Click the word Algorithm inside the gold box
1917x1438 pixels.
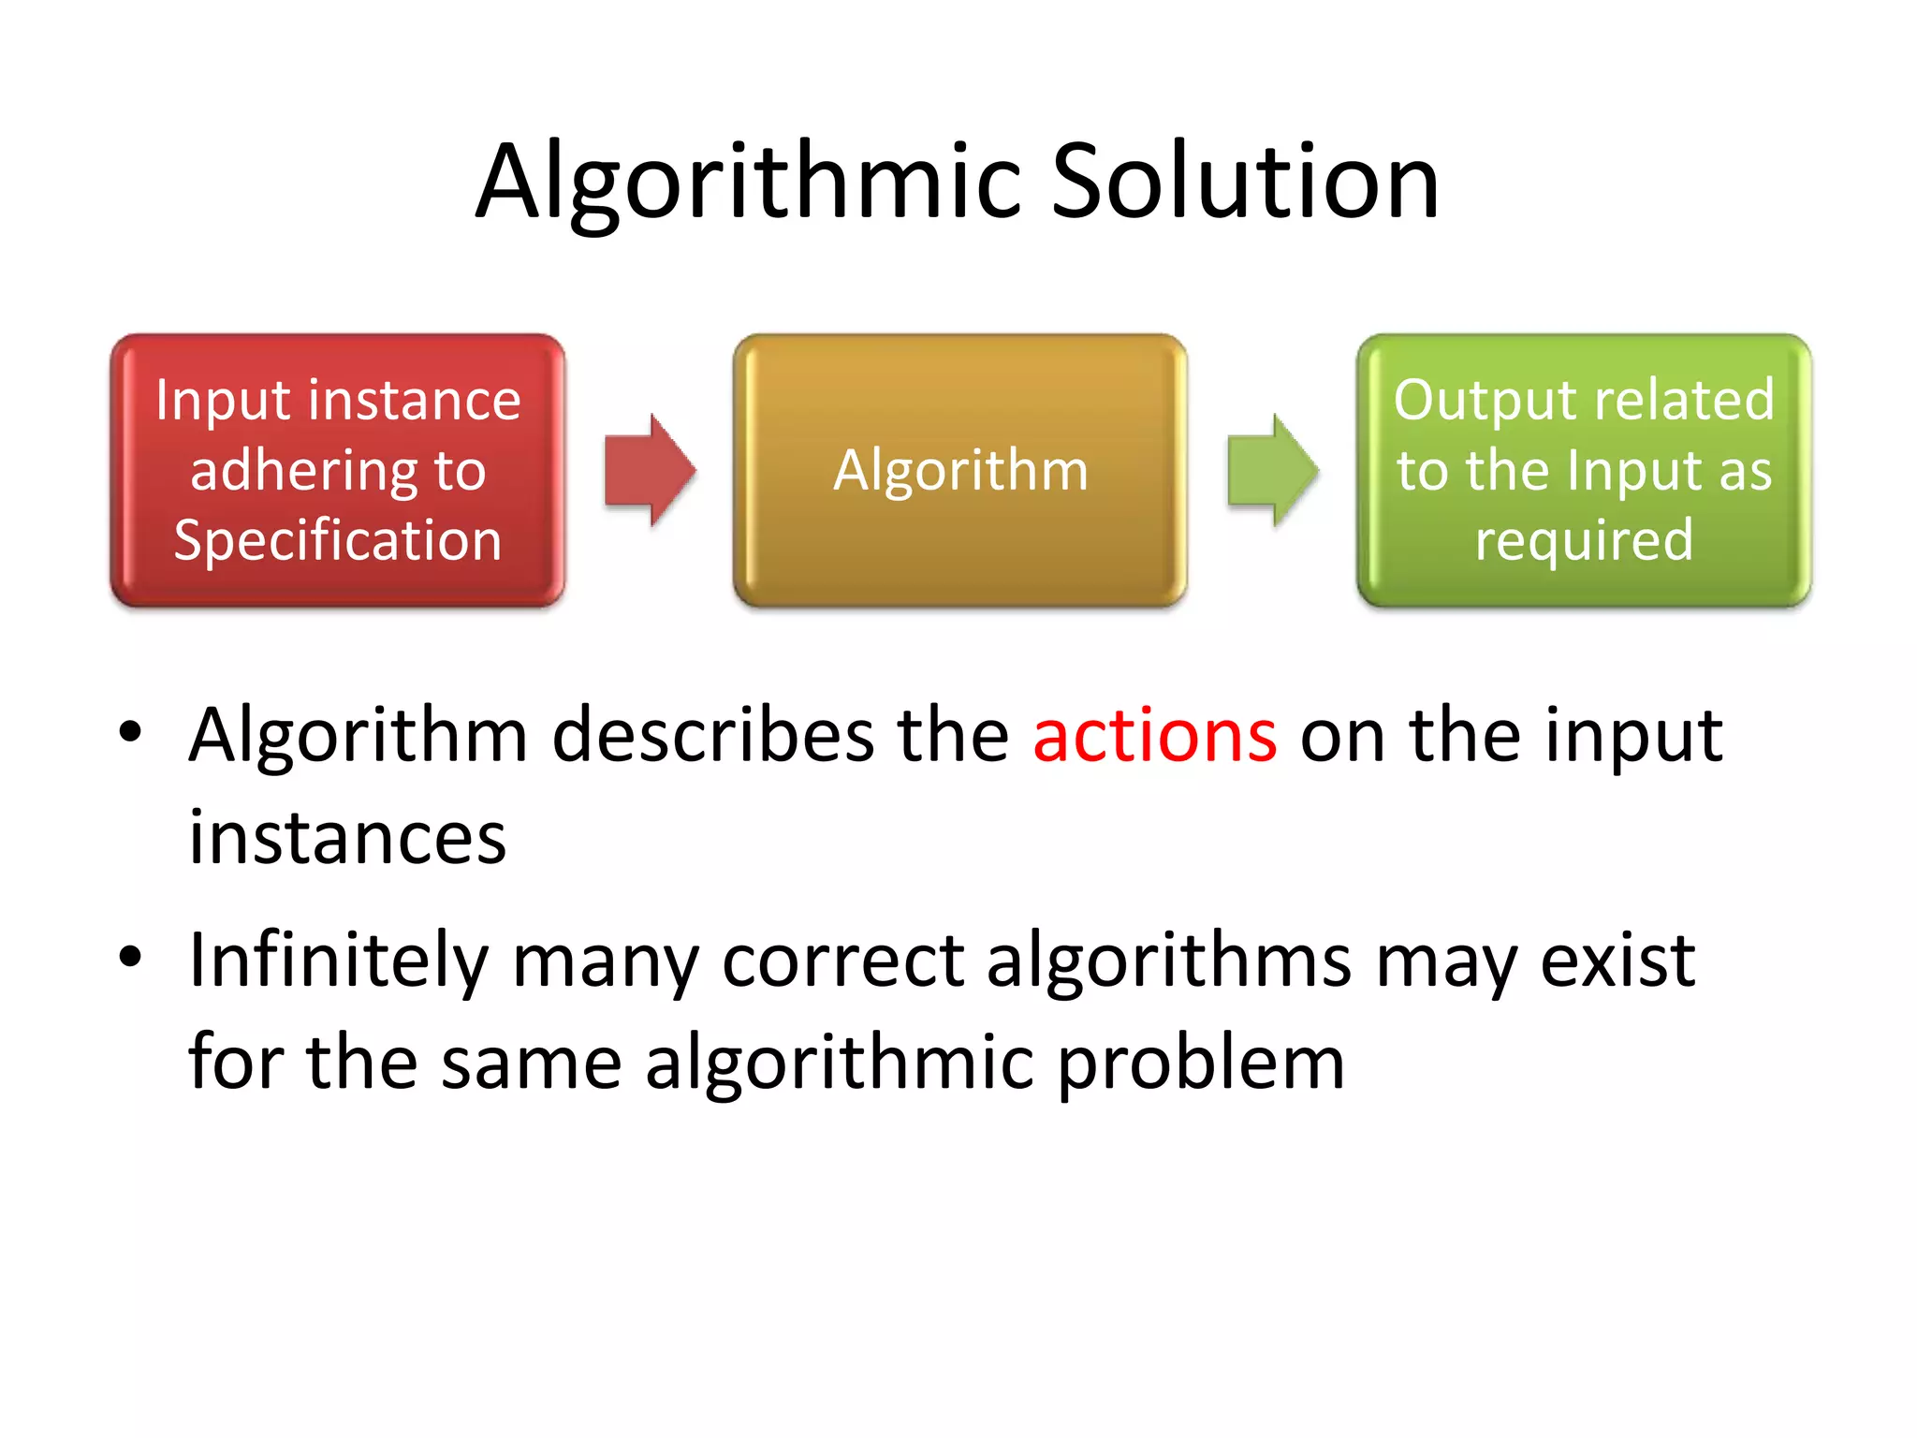(960, 470)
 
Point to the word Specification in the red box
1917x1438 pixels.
(338, 541)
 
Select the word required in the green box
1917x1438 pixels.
(1584, 541)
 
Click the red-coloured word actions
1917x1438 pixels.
(1154, 736)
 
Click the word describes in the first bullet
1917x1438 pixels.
(713, 736)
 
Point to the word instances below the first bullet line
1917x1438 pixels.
(347, 837)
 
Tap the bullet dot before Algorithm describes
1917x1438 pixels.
(130, 731)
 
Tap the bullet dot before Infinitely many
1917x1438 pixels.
(130, 957)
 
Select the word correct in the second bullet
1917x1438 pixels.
(842, 961)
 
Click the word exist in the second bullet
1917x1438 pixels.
(1617, 961)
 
